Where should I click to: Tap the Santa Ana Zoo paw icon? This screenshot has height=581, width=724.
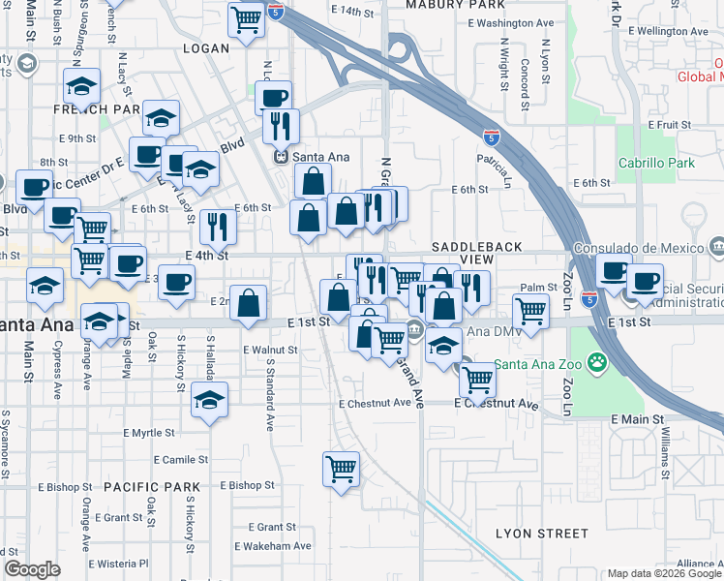pos(601,365)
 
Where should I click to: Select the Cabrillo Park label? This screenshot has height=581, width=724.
pos(656,163)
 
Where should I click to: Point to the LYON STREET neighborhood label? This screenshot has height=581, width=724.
pos(541,534)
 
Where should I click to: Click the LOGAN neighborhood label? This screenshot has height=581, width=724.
pos(206,47)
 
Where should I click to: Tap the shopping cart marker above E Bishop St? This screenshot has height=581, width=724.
pos(342,469)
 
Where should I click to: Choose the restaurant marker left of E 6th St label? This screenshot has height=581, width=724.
pos(218,227)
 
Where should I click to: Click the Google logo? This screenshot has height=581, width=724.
pos(33,568)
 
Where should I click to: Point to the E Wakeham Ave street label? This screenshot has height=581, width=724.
pos(277,546)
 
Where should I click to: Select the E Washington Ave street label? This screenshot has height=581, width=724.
pos(510,23)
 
